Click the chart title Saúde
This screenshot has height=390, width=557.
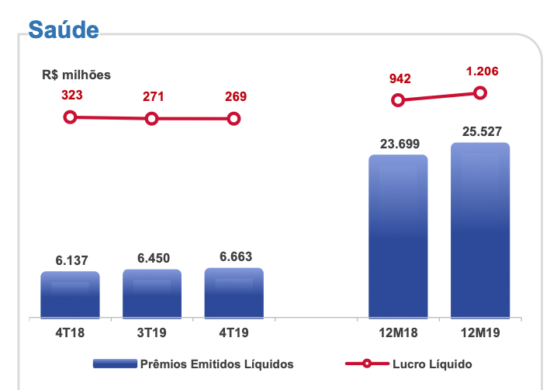click(x=64, y=30)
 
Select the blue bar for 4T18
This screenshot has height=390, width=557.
click(x=70, y=294)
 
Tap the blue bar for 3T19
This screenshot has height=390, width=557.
click(x=152, y=294)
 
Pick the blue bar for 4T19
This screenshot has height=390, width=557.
click(x=234, y=293)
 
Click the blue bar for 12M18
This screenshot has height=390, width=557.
click(x=398, y=236)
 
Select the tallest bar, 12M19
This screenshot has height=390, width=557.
click(x=480, y=230)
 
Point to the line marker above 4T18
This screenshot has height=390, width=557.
click(x=71, y=117)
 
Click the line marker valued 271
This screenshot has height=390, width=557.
click(x=152, y=119)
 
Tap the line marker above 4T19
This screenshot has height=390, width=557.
click(x=234, y=119)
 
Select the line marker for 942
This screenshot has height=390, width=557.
click(x=398, y=99)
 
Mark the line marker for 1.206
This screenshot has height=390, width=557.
click(x=480, y=93)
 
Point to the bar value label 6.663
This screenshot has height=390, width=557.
click(x=234, y=257)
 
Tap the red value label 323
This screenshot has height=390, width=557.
click(x=71, y=96)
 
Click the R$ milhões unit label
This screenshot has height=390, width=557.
click(x=77, y=75)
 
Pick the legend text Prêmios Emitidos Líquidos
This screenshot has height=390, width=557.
click(x=216, y=363)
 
